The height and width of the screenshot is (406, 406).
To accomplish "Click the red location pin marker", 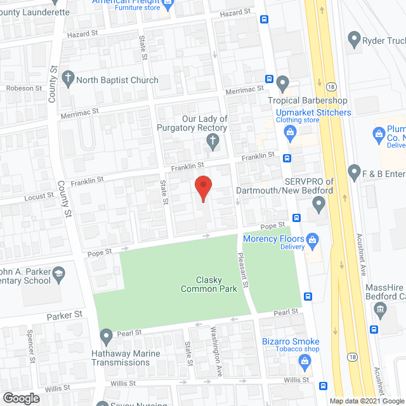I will pos(203,188).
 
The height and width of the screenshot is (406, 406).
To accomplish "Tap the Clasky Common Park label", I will pos(209,284).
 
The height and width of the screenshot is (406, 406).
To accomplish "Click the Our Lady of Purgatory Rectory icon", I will pos(214,141).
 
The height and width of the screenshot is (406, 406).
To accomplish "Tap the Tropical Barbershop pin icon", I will pos(283,82).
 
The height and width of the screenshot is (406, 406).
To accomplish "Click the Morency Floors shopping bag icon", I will pos(311,240).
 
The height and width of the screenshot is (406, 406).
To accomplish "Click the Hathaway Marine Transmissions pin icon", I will pos(105,335).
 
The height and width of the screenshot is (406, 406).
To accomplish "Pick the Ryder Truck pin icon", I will pos(354,41).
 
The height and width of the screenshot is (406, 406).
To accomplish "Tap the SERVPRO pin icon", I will pos(319,205).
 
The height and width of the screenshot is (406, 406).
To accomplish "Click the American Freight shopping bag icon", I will pos(167,5).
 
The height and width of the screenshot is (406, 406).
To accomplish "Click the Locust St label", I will pos(39,196).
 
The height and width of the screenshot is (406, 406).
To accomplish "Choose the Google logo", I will pos(20,398).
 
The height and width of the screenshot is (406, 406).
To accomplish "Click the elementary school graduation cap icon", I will pos(58,273).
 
